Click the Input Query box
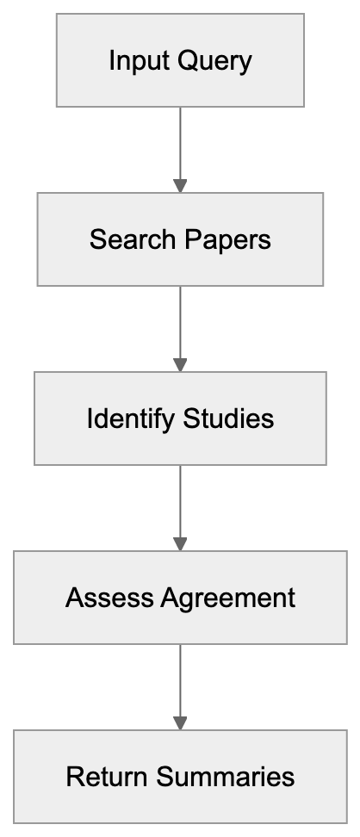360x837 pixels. [x=180, y=59]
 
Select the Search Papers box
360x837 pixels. [x=180, y=239]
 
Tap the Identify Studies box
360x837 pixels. [x=180, y=418]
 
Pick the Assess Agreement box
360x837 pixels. [x=180, y=597]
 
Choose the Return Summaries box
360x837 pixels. [x=180, y=776]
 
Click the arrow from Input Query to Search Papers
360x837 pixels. [x=180, y=146]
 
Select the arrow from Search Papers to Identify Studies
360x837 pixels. [x=180, y=325]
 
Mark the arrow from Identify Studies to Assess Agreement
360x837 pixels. [x=180, y=505]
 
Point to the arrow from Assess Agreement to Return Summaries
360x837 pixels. [x=180, y=684]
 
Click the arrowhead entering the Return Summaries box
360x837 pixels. [x=180, y=722]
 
